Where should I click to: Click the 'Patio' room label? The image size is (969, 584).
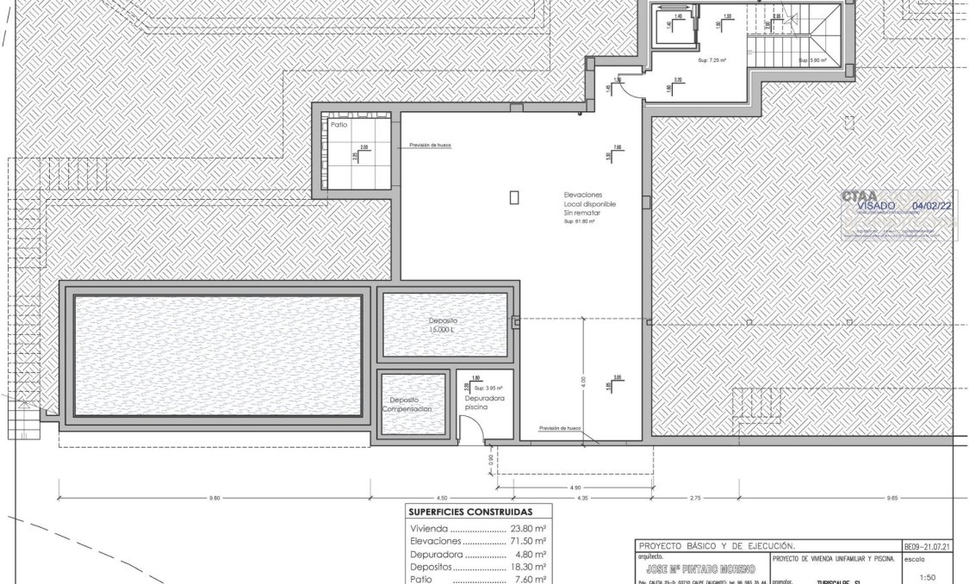click(x=339, y=125)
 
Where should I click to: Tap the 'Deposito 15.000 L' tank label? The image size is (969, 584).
click(x=444, y=324)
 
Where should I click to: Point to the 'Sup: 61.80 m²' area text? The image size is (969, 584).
click(x=581, y=221)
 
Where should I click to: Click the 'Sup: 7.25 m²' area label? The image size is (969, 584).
click(x=708, y=60)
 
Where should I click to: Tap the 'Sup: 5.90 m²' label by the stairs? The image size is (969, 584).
click(x=812, y=60)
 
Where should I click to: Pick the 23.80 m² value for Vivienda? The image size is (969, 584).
click(x=529, y=530)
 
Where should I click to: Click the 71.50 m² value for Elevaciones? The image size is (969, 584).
click(x=529, y=543)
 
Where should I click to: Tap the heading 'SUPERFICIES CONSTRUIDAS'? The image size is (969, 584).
click(x=469, y=512)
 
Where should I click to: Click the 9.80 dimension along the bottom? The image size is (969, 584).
click(x=215, y=497)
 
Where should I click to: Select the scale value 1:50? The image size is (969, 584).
click(x=928, y=578)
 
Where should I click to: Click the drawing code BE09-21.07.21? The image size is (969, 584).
click(x=929, y=546)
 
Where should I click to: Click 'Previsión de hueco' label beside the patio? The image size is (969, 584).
click(x=431, y=146)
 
